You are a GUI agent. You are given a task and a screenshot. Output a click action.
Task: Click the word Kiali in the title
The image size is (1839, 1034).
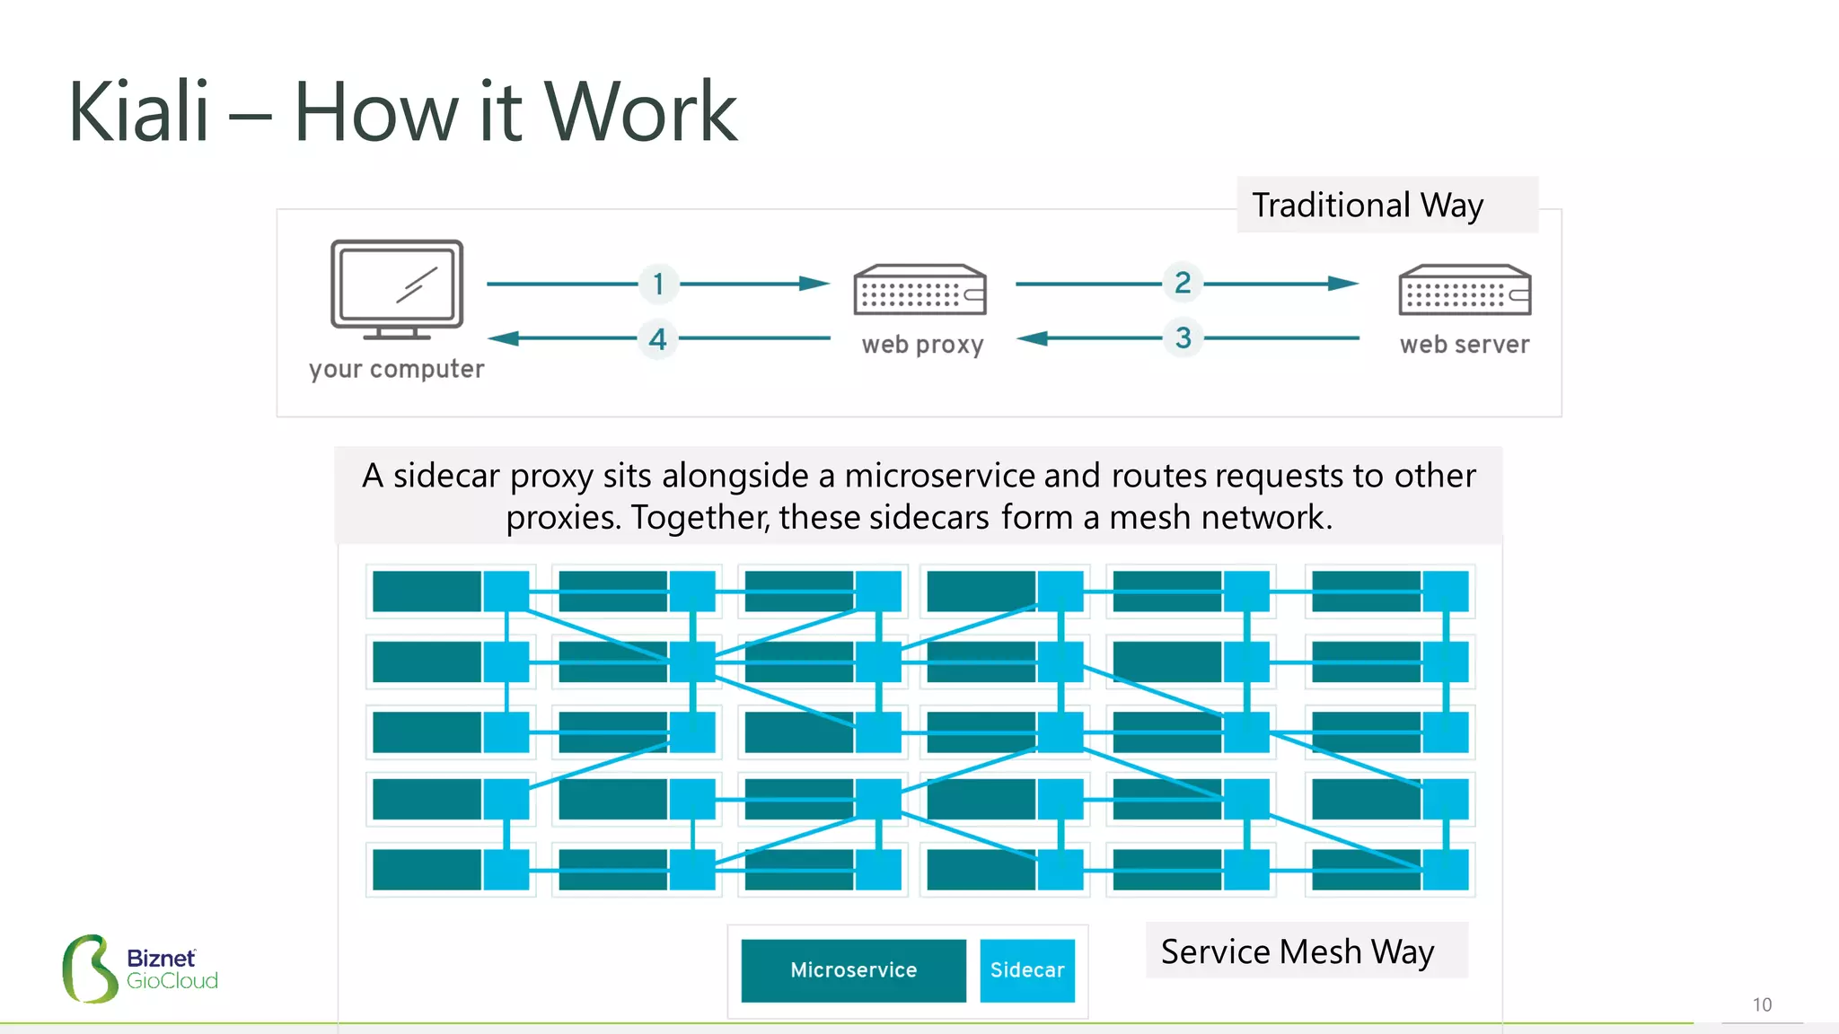click(139, 112)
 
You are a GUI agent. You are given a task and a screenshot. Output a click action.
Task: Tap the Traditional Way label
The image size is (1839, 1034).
click(1367, 206)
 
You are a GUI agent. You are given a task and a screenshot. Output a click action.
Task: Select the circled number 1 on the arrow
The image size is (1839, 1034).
click(658, 284)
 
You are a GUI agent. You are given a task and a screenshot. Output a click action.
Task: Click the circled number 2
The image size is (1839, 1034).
click(1183, 283)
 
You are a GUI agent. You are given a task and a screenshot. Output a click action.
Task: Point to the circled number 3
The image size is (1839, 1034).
click(1183, 338)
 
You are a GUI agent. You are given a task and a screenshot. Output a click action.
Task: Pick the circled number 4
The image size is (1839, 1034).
click(658, 339)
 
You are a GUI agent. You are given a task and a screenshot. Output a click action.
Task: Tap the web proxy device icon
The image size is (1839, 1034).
click(919, 290)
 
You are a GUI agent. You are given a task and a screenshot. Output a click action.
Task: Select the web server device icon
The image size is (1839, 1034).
click(1465, 290)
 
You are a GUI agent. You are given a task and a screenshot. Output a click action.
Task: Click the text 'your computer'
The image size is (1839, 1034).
click(396, 369)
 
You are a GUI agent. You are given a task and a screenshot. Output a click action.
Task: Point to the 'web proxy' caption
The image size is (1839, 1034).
click(922, 345)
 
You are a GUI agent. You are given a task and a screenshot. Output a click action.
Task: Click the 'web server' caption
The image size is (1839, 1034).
click(1465, 345)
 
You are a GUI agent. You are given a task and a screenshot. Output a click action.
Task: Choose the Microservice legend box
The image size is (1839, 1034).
click(853, 970)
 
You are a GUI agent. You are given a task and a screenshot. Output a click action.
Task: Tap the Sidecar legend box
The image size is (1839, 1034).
click(1027, 970)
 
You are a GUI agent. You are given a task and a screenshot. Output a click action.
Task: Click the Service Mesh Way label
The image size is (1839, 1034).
click(1298, 951)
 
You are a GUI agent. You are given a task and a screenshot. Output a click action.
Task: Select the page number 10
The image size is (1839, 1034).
click(1762, 1004)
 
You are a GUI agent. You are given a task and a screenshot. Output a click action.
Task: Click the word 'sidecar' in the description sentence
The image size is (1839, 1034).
click(445, 476)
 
